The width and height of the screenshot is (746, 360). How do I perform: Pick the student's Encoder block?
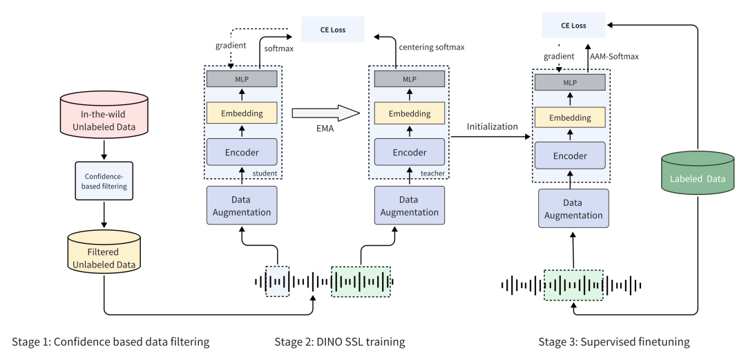(242, 151)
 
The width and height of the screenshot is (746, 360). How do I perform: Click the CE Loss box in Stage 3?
(568, 26)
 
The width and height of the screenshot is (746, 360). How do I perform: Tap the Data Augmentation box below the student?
(242, 205)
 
